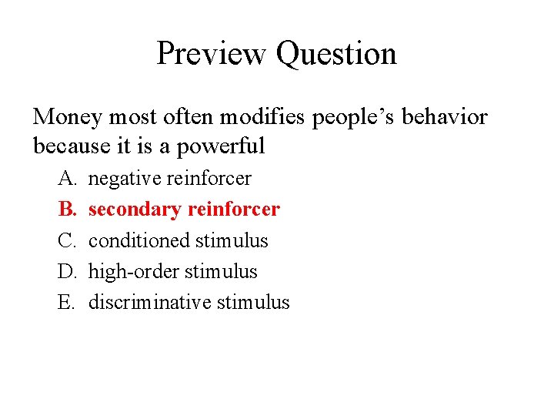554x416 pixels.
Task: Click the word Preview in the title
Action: coord(212,54)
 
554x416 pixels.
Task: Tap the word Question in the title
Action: coord(336,54)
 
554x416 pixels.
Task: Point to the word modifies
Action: coord(254,116)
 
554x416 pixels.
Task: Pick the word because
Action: coord(70,146)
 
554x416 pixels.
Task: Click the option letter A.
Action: coord(66,179)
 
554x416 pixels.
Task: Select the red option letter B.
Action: coord(65,210)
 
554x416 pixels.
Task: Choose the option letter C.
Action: coord(65,240)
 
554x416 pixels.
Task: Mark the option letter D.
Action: coord(66,271)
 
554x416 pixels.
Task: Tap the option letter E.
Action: coord(65,302)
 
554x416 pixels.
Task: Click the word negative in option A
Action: coord(125,179)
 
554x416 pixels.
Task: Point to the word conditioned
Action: coord(139,240)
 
